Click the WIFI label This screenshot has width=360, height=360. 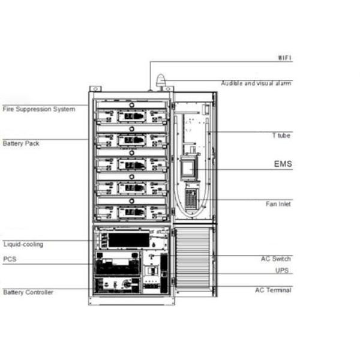coord(284,58)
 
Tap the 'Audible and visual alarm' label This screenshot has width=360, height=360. coord(256,83)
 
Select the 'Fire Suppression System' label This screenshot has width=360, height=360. coord(39,109)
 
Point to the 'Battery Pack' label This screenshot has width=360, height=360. coord(21,143)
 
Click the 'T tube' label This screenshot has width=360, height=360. coord(281,136)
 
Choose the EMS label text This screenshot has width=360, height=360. coord(283,164)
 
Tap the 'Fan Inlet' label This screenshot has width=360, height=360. coord(278,204)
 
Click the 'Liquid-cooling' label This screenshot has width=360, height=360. coord(23,244)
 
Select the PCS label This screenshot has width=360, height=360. coord(10,259)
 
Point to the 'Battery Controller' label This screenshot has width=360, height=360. coord(28,292)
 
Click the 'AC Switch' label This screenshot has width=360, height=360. coord(276,259)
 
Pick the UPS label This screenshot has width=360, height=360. coord(282,271)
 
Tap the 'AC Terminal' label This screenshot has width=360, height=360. coord(273,290)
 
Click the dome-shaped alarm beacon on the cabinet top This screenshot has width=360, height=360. coord(161,80)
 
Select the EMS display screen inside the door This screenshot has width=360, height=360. coord(188,168)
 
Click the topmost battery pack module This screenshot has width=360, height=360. coord(131,116)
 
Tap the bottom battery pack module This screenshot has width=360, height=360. coord(131,212)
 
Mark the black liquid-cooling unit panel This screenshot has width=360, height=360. coord(128,240)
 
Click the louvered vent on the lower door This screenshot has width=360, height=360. coord(193,258)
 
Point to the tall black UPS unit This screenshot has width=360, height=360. coord(164,273)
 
